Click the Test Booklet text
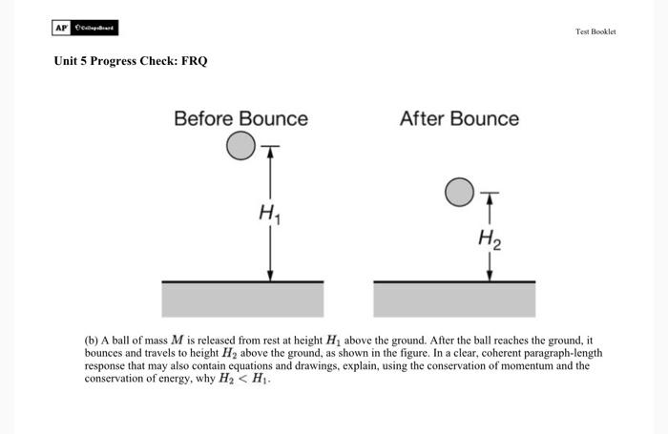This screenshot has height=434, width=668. [595, 31]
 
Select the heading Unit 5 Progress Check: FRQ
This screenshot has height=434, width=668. [130, 62]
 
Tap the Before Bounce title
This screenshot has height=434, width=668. [240, 119]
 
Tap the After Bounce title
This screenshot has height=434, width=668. [459, 119]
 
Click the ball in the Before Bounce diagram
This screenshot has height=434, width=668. [241, 146]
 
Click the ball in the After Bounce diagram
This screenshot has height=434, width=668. [459, 192]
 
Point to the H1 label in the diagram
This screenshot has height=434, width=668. [269, 216]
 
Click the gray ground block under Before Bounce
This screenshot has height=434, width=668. [242, 300]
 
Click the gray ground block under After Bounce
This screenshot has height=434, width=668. [454, 300]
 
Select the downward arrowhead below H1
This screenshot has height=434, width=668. [271, 275]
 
